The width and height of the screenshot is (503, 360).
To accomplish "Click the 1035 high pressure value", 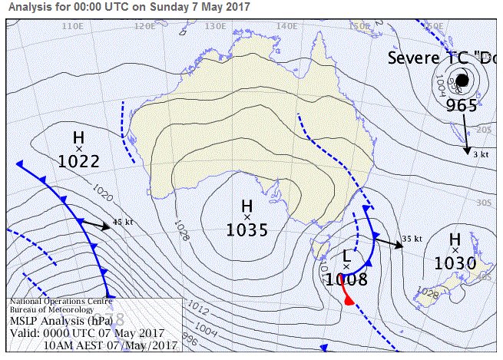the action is pos(247,229).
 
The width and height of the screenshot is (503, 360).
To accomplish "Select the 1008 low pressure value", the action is pos(346,279).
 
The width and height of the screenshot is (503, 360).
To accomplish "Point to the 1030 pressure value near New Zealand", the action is pos(455,263).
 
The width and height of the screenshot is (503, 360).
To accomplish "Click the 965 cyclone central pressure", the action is pos(462,105).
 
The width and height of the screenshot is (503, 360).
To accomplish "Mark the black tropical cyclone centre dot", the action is pos(462,80).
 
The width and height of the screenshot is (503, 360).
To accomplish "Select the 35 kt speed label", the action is pos(412,239).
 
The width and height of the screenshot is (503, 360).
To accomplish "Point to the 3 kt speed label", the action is pos(481,155).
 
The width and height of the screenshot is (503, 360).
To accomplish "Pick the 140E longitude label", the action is pos(286,25).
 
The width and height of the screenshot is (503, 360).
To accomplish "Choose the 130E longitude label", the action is pos(215,25).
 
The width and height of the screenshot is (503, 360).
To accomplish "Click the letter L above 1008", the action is pos(346,255).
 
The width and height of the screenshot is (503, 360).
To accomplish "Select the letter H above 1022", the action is pos(78,137).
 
